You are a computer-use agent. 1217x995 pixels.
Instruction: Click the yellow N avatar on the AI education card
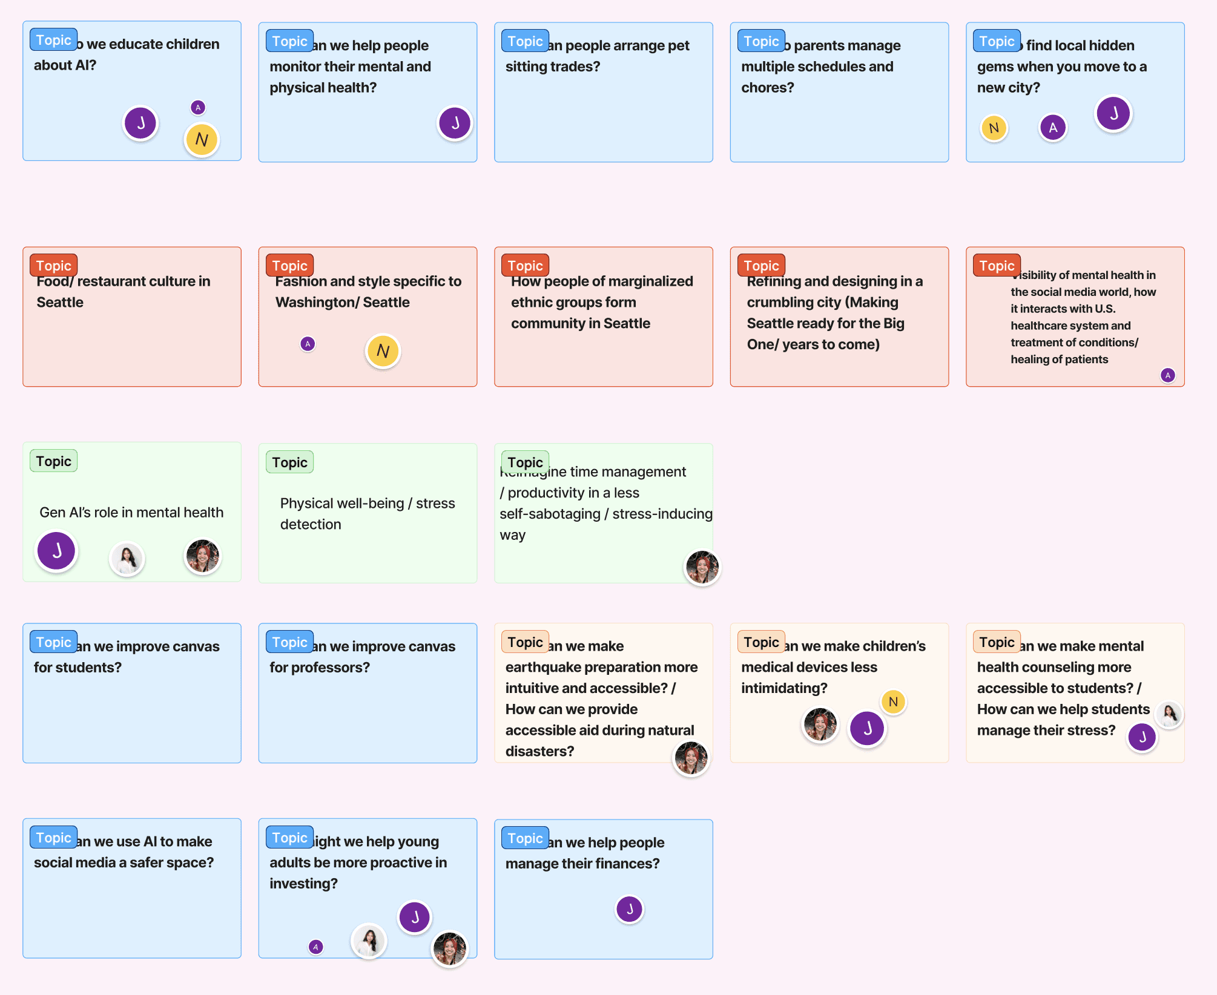(x=202, y=140)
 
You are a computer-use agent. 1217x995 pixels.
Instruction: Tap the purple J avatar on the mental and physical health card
(x=455, y=123)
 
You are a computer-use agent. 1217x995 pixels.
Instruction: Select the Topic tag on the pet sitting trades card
(x=525, y=41)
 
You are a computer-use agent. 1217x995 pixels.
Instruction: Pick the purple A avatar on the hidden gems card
(x=1053, y=128)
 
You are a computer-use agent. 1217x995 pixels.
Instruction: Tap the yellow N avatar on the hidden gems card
(x=994, y=128)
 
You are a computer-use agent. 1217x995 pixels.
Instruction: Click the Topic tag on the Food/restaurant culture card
(x=53, y=266)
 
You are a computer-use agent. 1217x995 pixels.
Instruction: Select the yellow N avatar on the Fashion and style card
(x=383, y=351)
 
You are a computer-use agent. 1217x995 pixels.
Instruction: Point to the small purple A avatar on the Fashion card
(x=308, y=344)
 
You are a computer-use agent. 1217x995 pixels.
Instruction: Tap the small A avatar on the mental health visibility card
(x=1167, y=375)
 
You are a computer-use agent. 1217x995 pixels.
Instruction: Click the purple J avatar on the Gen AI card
(x=56, y=551)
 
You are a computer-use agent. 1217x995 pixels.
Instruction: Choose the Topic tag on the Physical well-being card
(x=289, y=462)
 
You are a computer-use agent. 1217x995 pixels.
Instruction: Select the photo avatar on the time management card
(x=702, y=567)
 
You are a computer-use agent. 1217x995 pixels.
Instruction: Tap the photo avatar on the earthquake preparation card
(x=691, y=758)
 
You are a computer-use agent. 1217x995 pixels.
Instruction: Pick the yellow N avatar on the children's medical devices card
(x=893, y=702)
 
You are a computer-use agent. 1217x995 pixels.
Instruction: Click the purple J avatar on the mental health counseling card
(x=1142, y=737)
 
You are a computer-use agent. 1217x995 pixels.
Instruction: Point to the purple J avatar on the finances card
(x=629, y=909)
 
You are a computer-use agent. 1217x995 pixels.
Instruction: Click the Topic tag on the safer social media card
(x=53, y=838)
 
